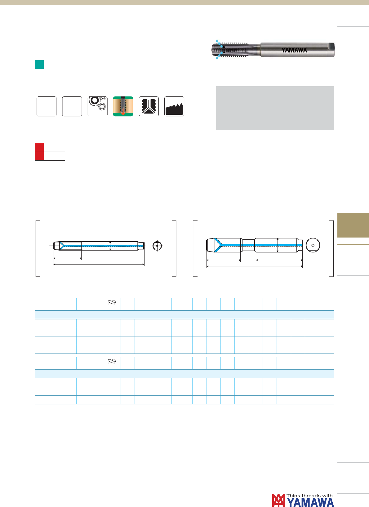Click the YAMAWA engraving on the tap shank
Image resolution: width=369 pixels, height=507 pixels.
point(294,50)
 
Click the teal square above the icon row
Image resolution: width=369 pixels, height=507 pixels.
point(39,64)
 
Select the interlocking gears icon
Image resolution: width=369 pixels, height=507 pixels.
point(98,106)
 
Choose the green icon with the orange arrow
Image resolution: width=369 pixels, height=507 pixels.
point(123,106)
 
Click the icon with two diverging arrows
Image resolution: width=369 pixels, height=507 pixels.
point(149,106)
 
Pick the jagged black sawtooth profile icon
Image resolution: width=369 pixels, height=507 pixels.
point(174,106)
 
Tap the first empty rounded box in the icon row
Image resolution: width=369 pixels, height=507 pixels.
point(47,106)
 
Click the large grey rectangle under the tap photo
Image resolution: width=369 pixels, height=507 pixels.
point(275,108)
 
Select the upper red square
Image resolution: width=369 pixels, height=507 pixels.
point(39,147)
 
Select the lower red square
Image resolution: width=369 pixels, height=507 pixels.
point(39,156)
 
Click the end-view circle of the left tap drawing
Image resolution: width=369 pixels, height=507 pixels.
point(157,246)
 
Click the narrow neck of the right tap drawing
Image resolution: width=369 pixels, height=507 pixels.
point(249,245)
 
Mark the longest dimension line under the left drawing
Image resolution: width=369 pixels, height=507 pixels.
point(99,264)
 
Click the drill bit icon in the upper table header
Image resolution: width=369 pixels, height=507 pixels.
point(112,302)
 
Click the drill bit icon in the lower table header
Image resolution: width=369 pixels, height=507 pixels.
point(112,361)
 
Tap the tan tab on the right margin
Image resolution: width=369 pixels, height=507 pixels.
point(353,225)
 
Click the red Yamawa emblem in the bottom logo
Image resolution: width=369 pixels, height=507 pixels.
point(278,500)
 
